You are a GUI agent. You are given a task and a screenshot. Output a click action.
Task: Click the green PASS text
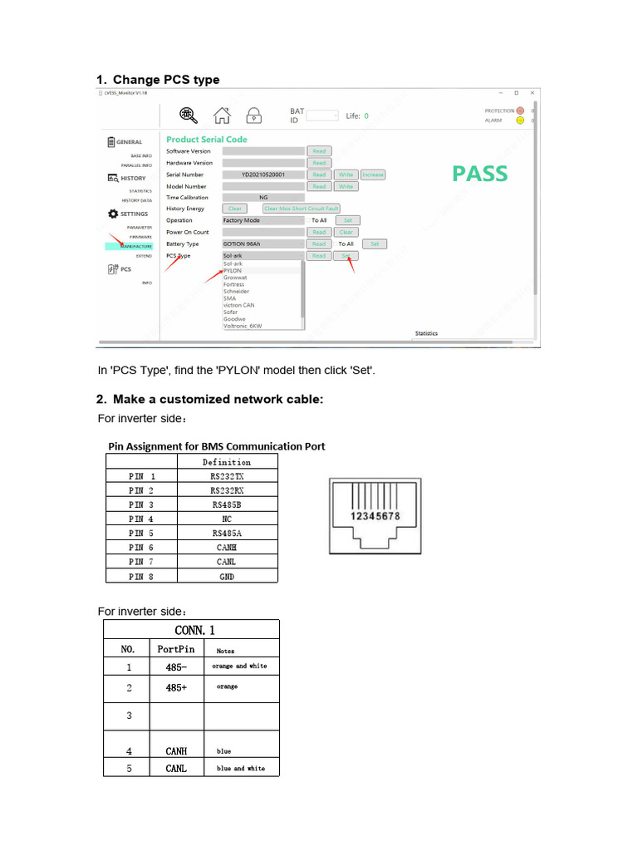(479, 174)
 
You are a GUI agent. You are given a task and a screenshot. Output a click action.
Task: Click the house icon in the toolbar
(221, 116)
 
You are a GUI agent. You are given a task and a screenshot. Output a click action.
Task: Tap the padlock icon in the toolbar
(253, 116)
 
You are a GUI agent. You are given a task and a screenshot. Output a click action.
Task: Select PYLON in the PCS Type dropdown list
(233, 271)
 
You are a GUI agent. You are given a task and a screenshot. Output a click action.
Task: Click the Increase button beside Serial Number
(373, 175)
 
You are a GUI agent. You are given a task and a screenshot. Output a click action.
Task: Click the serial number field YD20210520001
(263, 175)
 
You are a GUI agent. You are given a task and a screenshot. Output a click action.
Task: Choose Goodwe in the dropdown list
(235, 318)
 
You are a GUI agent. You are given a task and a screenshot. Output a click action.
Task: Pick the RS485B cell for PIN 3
(228, 504)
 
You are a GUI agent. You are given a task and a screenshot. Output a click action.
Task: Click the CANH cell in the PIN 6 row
(228, 548)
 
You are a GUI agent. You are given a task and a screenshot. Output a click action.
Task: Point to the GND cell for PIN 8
(228, 576)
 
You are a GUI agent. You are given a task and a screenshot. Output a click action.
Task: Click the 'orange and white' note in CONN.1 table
(240, 667)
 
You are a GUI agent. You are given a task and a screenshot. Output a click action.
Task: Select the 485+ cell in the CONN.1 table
(175, 687)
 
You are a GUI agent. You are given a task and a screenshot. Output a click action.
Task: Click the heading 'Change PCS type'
(166, 80)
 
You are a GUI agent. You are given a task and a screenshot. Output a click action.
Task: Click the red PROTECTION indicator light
(520, 111)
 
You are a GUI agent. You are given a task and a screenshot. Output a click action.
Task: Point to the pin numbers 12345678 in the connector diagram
(375, 516)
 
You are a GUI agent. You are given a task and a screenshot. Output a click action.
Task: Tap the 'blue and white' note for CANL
(241, 769)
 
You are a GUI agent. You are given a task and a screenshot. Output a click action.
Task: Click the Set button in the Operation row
(347, 220)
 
